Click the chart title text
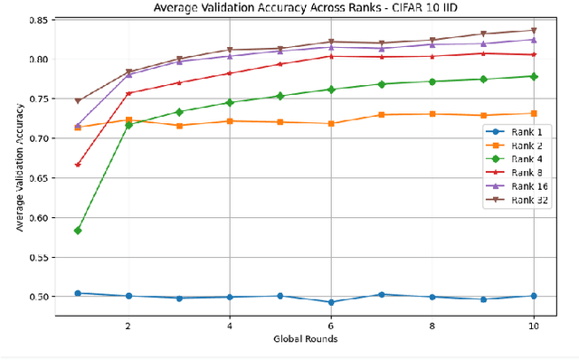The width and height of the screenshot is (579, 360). click(x=306, y=8)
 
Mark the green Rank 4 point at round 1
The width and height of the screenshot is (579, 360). click(x=78, y=231)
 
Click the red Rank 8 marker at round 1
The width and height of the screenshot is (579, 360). click(x=78, y=165)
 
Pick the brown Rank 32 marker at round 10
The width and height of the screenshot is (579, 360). click(x=534, y=31)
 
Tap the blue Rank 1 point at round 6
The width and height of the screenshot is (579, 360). click(x=331, y=302)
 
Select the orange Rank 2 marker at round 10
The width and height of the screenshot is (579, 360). click(x=534, y=113)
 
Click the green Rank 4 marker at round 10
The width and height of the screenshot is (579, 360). click(x=534, y=77)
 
